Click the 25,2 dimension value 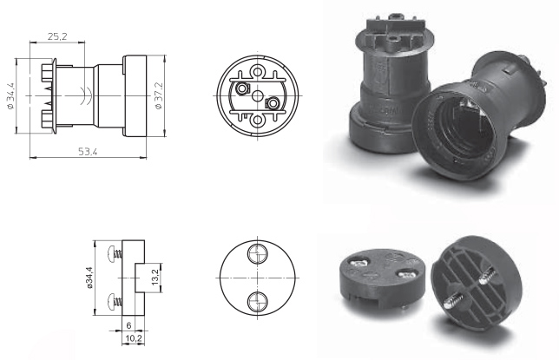pyautogui.click(x=57, y=36)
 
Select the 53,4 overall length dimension pyautogui.click(x=88, y=152)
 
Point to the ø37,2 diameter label pyautogui.click(x=159, y=95)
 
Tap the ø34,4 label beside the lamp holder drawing pyautogui.click(x=10, y=95)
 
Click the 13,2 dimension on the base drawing pyautogui.click(x=155, y=278)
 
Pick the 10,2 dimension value pyautogui.click(x=134, y=338)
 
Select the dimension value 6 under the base pyautogui.click(x=128, y=325)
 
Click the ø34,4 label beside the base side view pyautogui.click(x=89, y=278)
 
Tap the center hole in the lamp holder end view pyautogui.click(x=258, y=95)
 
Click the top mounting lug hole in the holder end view pyautogui.click(x=258, y=72)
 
